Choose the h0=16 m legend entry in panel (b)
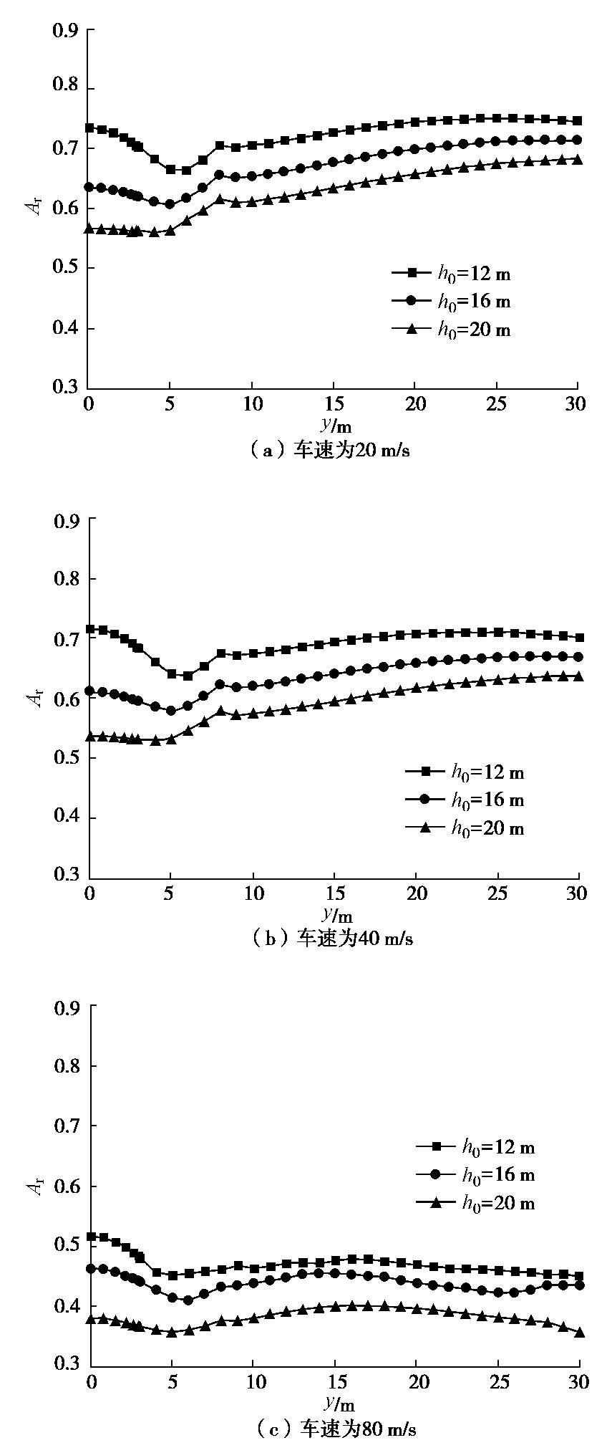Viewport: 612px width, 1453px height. click(x=487, y=800)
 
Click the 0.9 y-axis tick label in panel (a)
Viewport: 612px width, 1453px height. click(x=66, y=31)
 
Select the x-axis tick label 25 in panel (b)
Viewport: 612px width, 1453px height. click(x=497, y=893)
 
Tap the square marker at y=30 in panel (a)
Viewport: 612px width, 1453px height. click(x=577, y=120)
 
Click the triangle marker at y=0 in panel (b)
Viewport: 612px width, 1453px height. click(x=89, y=736)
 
